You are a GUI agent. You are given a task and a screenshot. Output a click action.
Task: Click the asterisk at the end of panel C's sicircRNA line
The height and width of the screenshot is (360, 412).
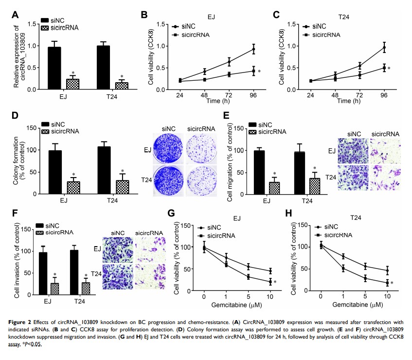tap(392, 69)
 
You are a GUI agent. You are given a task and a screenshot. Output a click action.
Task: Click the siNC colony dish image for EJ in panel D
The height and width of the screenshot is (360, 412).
tap(167, 148)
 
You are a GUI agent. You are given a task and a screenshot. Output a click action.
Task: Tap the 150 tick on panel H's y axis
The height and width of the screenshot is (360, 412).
tap(303, 225)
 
